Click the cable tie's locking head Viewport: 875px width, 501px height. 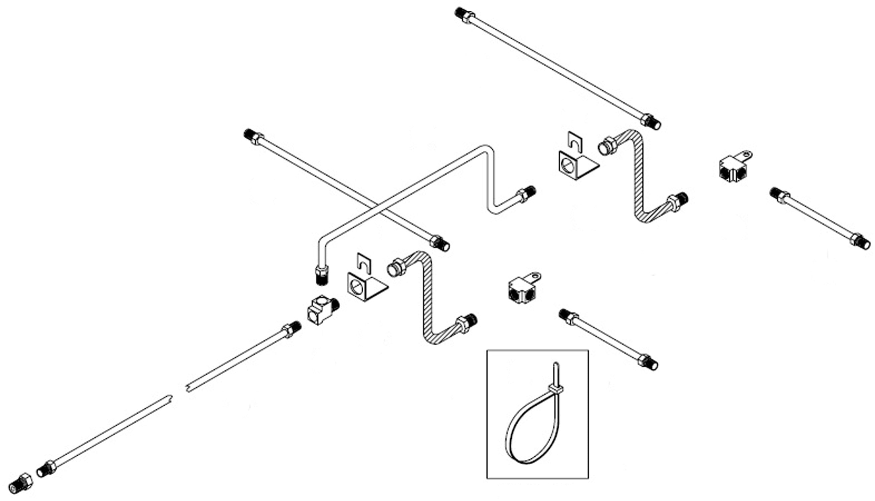(x=555, y=389)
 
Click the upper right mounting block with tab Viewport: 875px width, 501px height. (x=733, y=168)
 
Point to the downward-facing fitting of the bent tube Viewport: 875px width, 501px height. (x=322, y=275)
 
